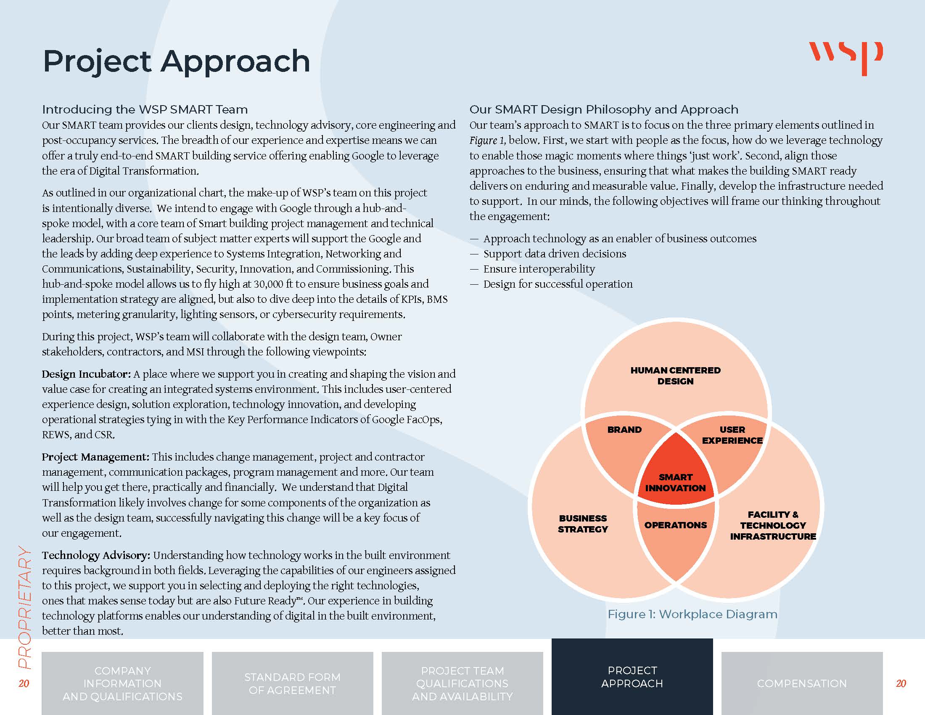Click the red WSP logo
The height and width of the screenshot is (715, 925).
point(846,58)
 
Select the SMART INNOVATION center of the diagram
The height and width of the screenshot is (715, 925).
point(676,482)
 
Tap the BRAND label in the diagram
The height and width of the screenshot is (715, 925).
point(624,429)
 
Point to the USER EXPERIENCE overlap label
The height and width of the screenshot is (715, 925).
point(732,435)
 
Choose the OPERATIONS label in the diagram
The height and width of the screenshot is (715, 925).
point(676,525)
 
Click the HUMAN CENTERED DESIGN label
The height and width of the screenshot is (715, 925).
point(676,376)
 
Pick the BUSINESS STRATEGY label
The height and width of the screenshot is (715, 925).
point(583,524)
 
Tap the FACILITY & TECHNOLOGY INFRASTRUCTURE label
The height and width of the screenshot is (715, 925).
point(773,525)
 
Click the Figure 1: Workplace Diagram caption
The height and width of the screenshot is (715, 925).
point(692,614)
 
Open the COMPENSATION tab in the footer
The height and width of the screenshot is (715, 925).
point(802,683)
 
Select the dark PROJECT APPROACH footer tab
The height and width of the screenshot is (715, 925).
point(632,677)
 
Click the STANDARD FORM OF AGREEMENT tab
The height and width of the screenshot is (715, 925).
point(292,683)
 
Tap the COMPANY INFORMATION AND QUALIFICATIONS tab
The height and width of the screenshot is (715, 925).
point(122,683)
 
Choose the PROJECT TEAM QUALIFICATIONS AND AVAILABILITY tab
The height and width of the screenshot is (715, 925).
point(462,683)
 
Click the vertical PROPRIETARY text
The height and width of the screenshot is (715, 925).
point(25,607)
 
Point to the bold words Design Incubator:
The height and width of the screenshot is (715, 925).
point(86,374)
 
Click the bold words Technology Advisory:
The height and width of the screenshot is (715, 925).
point(96,555)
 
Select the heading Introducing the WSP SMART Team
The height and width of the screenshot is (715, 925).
point(145,109)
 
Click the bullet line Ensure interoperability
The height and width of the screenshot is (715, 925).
point(532,269)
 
